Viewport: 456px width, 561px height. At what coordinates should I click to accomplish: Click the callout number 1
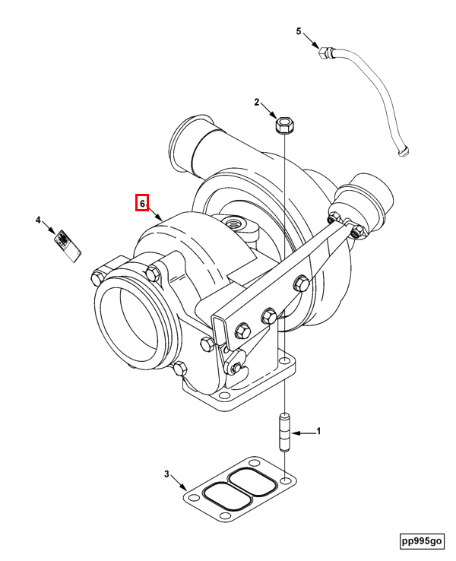[x=318, y=431]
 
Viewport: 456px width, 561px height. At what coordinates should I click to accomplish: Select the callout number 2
[x=257, y=102]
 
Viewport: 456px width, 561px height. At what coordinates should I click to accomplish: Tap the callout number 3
[x=166, y=475]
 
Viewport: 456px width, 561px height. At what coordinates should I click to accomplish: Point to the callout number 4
[x=37, y=220]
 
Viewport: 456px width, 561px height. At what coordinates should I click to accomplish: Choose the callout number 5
[x=299, y=31]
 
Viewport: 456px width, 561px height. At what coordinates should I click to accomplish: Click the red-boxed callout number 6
[x=141, y=204]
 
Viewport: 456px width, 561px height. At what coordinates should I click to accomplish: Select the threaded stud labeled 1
[x=285, y=432]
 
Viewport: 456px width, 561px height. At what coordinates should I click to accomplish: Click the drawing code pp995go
[x=422, y=540]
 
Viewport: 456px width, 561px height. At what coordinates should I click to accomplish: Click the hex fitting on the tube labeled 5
[x=325, y=52]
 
